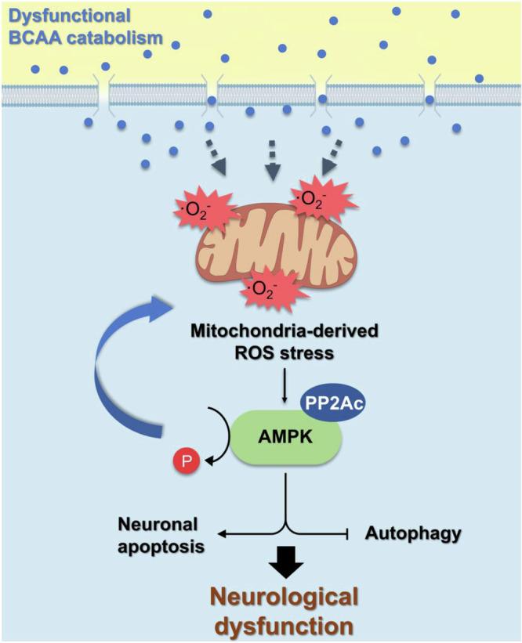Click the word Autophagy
(412, 533)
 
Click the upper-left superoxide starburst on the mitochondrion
(198, 205)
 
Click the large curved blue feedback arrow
(118, 352)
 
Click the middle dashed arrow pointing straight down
(272, 160)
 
